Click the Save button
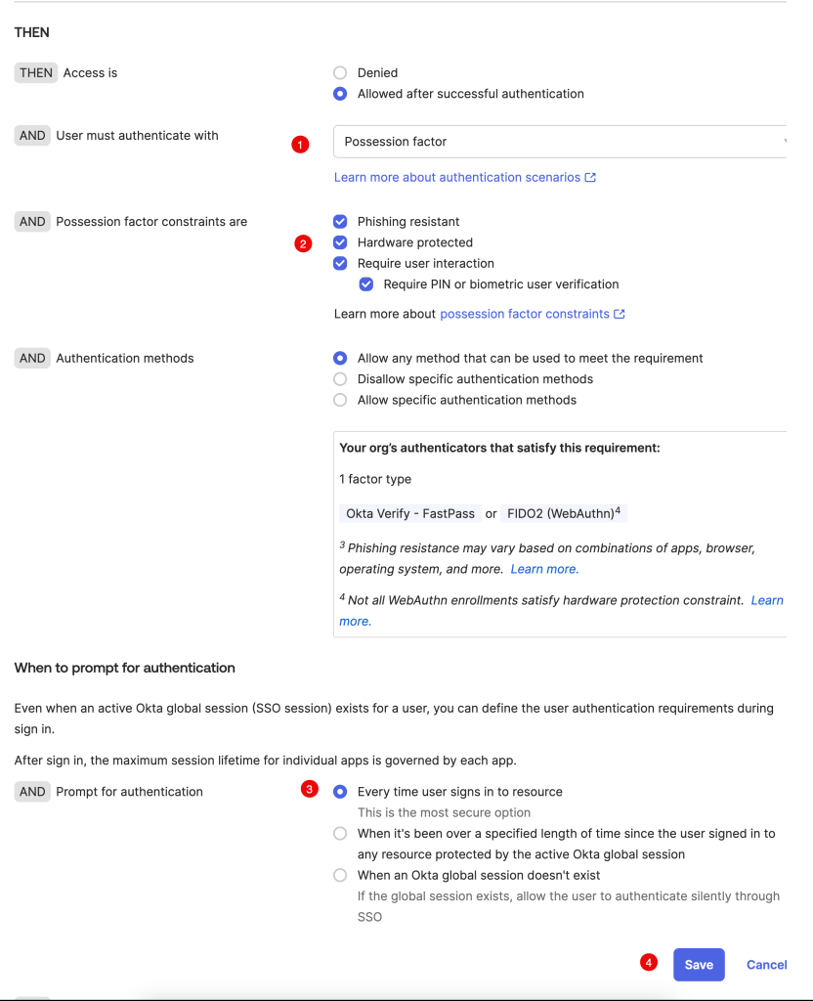click(699, 964)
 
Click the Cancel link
click(766, 964)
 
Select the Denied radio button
click(340, 72)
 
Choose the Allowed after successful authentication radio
click(340, 94)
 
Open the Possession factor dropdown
click(560, 142)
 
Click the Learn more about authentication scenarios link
click(464, 177)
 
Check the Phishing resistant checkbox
click(340, 222)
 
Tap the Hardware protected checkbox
click(340, 242)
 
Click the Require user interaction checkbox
click(340, 263)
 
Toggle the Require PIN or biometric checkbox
click(366, 284)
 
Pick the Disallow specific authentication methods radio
click(340, 379)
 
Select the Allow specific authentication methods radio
click(340, 400)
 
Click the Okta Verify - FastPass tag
click(410, 513)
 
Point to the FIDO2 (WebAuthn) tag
click(560, 513)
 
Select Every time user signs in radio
click(340, 792)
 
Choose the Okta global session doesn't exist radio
click(340, 875)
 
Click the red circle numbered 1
click(300, 145)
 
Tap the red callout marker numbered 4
click(648, 962)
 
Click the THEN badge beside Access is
click(36, 72)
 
